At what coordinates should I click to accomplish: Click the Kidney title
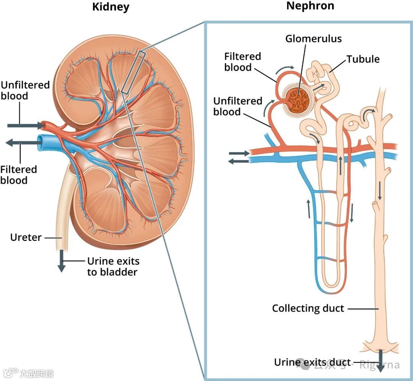click(x=111, y=7)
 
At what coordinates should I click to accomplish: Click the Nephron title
click(x=310, y=6)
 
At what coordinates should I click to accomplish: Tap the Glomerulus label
click(x=314, y=39)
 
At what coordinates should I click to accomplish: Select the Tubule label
click(x=363, y=59)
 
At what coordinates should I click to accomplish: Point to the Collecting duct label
click(x=308, y=308)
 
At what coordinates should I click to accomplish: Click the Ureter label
click(x=26, y=237)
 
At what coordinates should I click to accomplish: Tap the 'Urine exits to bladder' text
click(x=113, y=266)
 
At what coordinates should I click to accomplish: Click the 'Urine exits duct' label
click(x=312, y=362)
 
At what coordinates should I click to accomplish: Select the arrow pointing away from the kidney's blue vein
click(x=23, y=143)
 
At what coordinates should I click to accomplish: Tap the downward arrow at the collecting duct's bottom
click(x=380, y=361)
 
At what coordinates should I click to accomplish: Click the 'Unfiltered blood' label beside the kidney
click(x=25, y=90)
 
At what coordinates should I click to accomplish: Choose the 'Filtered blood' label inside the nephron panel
click(x=243, y=62)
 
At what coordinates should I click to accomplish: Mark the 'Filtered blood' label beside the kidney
click(x=18, y=174)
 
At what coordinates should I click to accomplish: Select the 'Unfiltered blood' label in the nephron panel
click(x=238, y=106)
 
